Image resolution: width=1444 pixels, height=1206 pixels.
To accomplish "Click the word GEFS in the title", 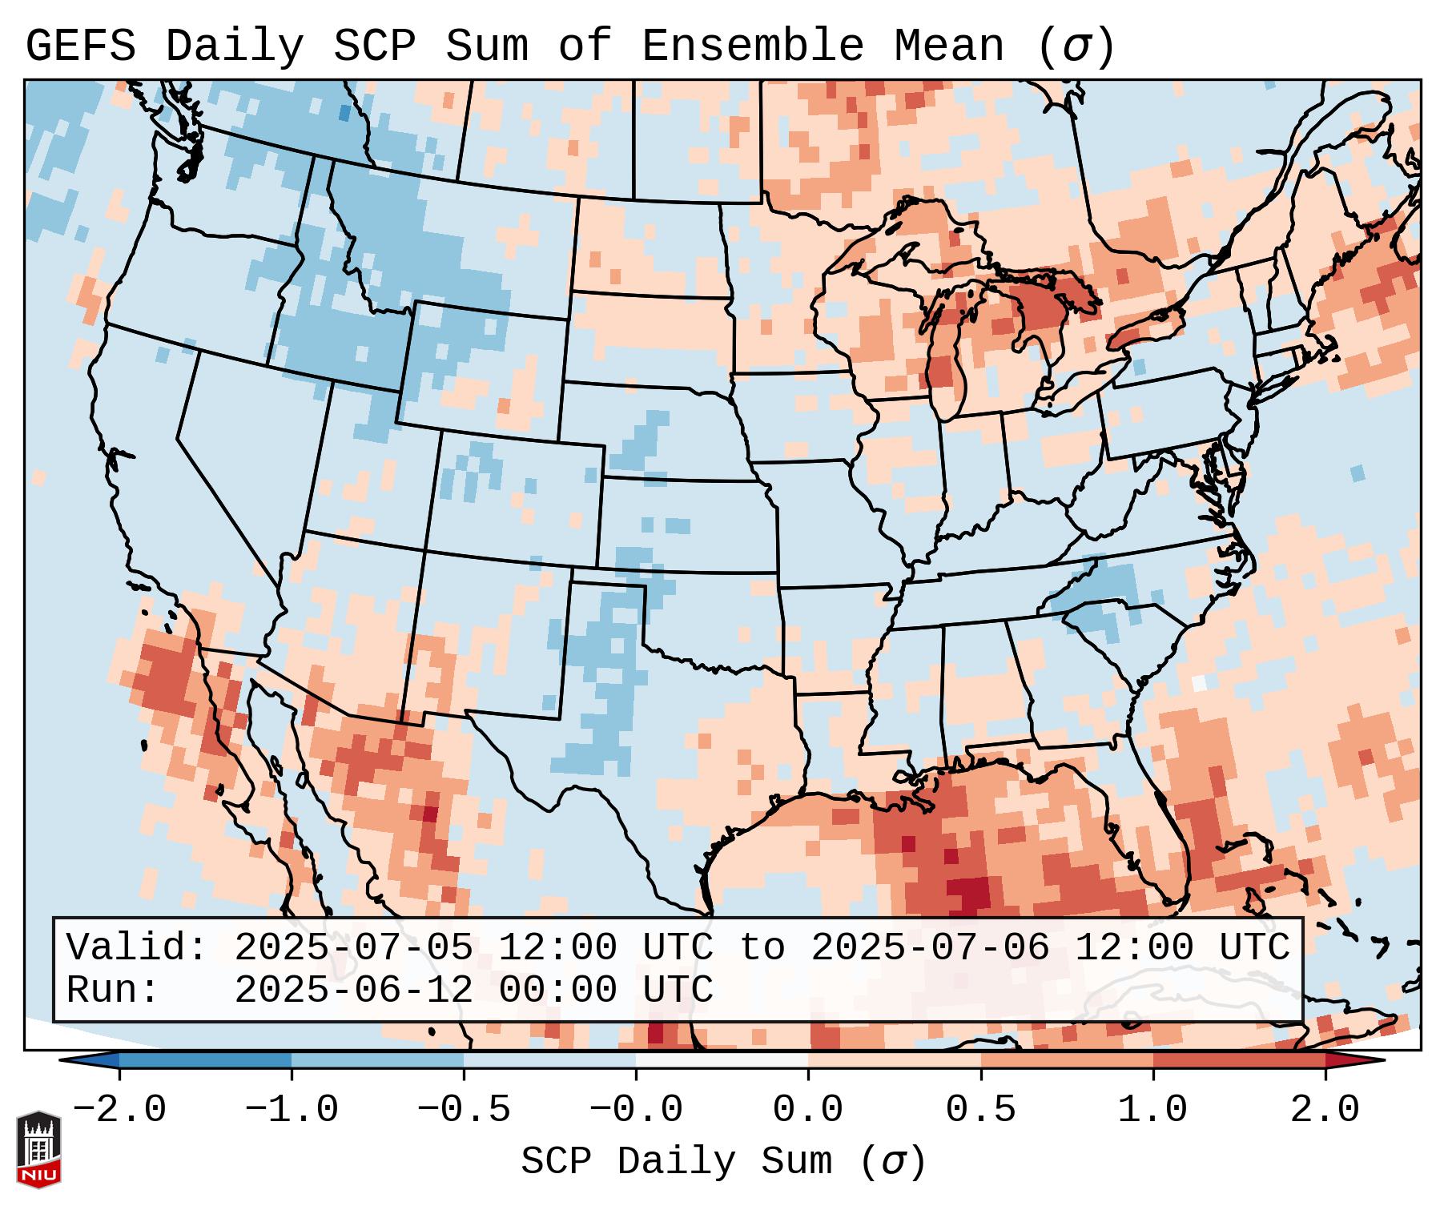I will [x=81, y=46].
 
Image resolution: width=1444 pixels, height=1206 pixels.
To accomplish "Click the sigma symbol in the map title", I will [x=1076, y=46].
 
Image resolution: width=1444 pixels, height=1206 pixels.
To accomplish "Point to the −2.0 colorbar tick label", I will [x=119, y=1110].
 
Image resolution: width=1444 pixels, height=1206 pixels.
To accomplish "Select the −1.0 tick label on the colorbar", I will [x=292, y=1110].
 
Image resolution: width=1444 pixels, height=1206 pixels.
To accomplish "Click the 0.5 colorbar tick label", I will [x=980, y=1110].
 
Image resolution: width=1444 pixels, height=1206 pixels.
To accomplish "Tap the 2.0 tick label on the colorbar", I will [x=1325, y=1110].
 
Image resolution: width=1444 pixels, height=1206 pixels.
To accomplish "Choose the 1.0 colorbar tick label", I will [x=1152, y=1110].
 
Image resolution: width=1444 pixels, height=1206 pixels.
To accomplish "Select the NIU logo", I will [x=38, y=1148].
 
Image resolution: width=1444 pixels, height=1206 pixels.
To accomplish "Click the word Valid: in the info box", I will [x=137, y=948].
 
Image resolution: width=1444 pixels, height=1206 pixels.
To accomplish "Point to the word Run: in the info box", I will [x=113, y=991].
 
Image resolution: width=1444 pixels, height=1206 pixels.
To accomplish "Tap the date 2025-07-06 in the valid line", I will [x=930, y=948].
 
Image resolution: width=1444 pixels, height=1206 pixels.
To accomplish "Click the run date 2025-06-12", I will [x=353, y=991].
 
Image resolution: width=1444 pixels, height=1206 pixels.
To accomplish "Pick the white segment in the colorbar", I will [x=722, y=1060].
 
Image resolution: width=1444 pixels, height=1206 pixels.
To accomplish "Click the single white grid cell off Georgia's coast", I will [x=1199, y=683].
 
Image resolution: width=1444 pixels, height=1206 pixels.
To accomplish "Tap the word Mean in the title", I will [x=949, y=46].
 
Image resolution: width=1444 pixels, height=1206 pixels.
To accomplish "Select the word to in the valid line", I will [x=762, y=948].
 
